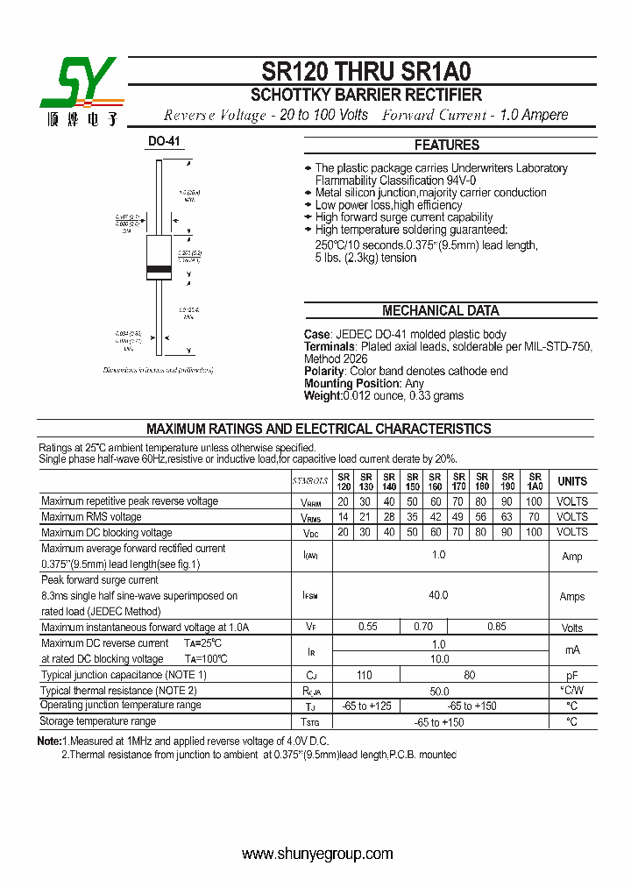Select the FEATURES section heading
(x=446, y=145)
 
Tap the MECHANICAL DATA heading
(x=440, y=310)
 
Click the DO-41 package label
(x=164, y=141)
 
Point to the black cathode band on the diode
(x=159, y=267)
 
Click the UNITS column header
(x=572, y=481)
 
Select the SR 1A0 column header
(x=535, y=481)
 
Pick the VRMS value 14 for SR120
(x=344, y=517)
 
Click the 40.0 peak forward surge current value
(x=438, y=595)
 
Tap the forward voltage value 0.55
(x=367, y=627)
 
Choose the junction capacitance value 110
(x=365, y=675)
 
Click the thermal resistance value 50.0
(x=438, y=691)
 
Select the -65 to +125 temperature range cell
(x=366, y=706)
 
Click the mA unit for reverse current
(x=571, y=650)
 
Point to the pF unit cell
(x=571, y=675)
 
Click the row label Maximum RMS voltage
(x=91, y=517)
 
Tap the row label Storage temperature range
(x=98, y=721)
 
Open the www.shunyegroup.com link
(x=317, y=854)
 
